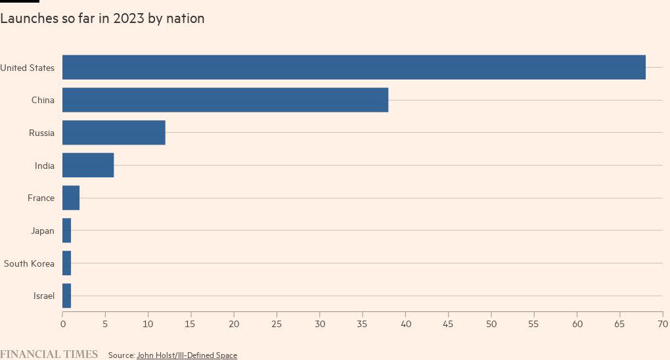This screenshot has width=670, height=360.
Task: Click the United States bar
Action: [x=353, y=67]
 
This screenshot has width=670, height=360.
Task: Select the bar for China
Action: [x=225, y=100]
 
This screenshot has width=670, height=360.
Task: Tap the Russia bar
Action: [x=114, y=133]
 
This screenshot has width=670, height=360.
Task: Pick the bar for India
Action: [x=88, y=165]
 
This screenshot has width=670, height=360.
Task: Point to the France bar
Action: [x=71, y=198]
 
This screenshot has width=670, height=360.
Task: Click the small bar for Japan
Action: [x=66, y=231]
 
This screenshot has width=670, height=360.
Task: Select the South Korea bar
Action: [x=66, y=263]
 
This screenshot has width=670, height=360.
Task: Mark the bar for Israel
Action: [x=66, y=296]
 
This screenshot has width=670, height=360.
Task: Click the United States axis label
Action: [x=28, y=67]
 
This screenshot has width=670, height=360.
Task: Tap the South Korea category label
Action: [x=29, y=263]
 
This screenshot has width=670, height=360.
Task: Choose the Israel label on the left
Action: [x=44, y=296]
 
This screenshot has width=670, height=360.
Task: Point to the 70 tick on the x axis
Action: [x=662, y=324]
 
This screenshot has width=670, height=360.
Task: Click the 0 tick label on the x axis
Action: [x=62, y=324]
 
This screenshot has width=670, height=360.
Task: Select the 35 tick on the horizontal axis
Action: [x=363, y=324]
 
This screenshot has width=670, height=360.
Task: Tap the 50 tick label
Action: [x=491, y=324]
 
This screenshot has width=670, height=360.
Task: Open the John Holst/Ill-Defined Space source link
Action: [x=187, y=355]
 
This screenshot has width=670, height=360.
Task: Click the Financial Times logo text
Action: [x=49, y=355]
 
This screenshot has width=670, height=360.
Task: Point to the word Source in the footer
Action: [x=121, y=355]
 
